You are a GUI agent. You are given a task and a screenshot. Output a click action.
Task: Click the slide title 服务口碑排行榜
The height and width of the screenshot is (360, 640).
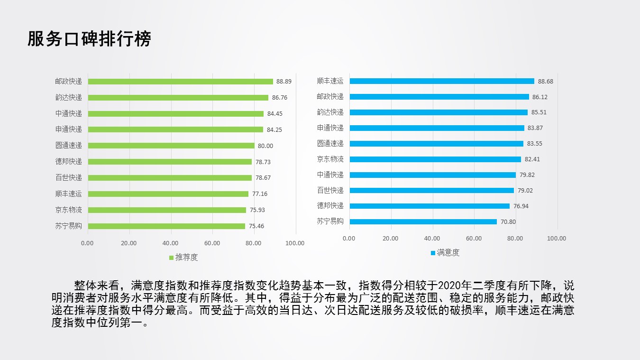[x=89, y=39]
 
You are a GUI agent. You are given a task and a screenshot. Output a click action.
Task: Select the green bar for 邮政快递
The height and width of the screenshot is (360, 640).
[x=180, y=82]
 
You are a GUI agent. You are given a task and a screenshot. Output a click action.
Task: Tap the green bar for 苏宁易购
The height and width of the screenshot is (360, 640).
[x=166, y=226]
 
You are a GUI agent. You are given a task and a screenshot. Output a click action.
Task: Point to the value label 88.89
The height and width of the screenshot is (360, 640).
[x=283, y=82]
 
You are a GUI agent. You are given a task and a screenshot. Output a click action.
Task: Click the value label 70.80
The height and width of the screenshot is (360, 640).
[x=508, y=222]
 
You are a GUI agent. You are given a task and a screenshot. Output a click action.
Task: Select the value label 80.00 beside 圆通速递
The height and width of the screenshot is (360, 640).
[x=265, y=146]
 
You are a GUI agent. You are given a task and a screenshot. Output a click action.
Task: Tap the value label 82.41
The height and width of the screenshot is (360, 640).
[x=532, y=159]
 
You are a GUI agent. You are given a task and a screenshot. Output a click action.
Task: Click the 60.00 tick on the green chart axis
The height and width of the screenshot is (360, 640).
[x=212, y=243]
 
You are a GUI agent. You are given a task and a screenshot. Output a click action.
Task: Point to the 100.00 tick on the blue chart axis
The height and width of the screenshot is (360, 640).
[x=557, y=239]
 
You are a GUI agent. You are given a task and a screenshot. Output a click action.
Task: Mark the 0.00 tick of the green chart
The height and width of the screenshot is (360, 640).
[x=87, y=243]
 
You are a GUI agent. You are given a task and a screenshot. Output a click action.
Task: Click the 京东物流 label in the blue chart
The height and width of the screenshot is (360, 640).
[x=330, y=159]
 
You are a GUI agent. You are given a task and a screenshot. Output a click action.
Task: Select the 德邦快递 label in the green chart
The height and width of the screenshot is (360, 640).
[x=68, y=162]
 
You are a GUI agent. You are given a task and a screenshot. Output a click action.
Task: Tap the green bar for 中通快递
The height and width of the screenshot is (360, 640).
[x=175, y=114]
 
